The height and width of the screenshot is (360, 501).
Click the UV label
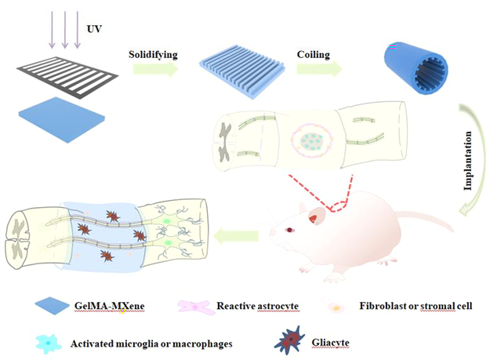coord(94,29)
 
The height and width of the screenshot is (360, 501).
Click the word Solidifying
coord(153,54)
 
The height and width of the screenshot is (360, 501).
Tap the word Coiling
coord(313,54)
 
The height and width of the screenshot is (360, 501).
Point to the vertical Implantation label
coord(467,161)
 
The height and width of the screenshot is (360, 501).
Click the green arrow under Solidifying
coord(155,69)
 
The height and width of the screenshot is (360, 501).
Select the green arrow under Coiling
coord(319,69)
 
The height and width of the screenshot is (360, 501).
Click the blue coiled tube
coord(416,67)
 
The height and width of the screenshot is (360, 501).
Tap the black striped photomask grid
coord(67,75)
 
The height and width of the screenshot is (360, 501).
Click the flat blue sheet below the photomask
coord(62,119)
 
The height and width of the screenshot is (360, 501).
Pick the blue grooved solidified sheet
coord(242,76)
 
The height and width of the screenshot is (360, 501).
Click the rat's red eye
coord(289,230)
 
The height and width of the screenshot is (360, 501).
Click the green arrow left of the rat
coord(236,237)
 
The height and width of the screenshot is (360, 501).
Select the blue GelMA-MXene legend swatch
coord(52,307)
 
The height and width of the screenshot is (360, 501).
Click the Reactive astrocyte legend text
coord(257,306)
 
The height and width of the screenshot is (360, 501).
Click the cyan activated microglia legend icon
coord(49,344)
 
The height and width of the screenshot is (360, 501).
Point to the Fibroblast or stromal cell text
coord(416,306)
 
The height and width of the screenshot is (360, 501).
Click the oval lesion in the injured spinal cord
coord(312,140)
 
